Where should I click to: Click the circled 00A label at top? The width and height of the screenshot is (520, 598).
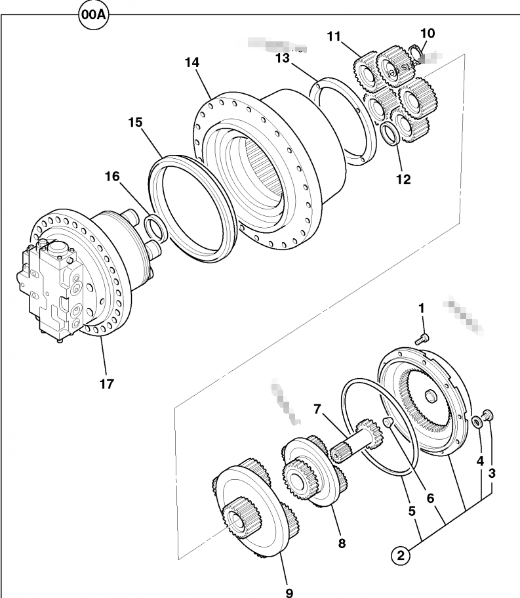coord(92,16)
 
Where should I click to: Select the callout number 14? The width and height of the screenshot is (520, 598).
coord(191,63)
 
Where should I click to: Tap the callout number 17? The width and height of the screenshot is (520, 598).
coord(107,383)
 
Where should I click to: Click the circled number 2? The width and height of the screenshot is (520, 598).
coord(401,555)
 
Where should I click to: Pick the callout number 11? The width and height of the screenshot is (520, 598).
coord(334,37)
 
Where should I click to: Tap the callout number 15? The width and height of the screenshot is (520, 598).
coord(135,122)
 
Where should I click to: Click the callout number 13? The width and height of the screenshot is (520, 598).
coord(282,59)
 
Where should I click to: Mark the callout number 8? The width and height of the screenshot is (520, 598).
coord(341,543)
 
